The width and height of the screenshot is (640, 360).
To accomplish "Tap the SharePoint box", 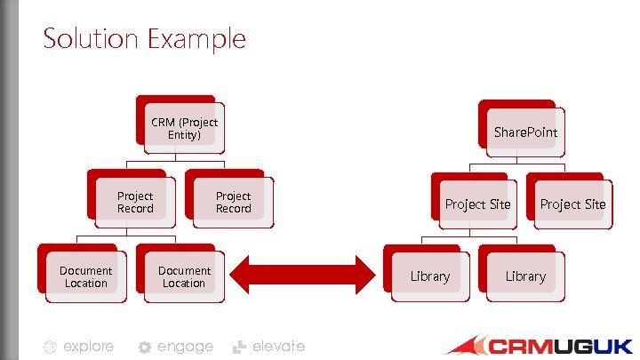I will (525, 132).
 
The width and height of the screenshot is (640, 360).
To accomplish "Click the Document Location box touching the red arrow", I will (184, 276).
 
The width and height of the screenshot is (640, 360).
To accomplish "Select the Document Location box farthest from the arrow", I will (85, 276).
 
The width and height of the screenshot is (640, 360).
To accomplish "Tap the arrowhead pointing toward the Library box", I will (360, 274).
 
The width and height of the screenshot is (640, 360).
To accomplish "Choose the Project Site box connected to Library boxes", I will (477, 204).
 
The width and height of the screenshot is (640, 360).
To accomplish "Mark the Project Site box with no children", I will (572, 204).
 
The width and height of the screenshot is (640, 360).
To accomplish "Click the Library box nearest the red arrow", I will (429, 276).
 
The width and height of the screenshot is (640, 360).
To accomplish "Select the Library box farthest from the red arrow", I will (525, 276).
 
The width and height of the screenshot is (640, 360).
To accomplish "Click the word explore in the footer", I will (88, 347).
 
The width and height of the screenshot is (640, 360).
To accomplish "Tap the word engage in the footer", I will (185, 347).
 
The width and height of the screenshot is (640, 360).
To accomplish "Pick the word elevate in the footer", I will (278, 347).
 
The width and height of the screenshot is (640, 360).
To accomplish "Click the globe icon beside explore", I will (51, 348).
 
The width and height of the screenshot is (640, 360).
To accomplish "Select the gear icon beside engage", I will (144, 348).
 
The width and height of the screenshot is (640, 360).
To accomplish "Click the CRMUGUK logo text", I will (560, 346).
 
